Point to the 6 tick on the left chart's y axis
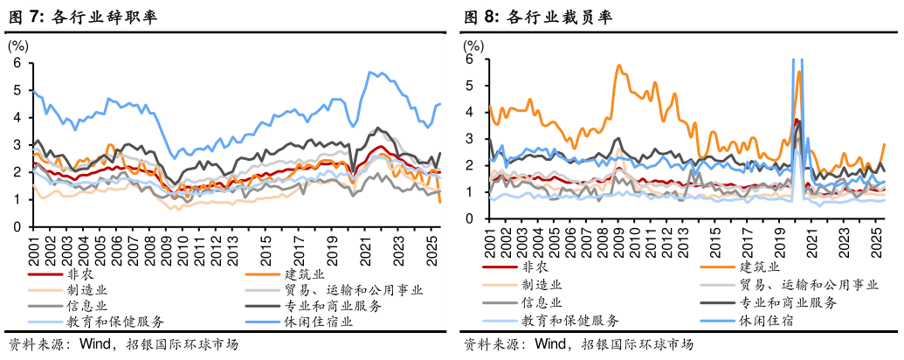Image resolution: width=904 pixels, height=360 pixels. click(17, 63)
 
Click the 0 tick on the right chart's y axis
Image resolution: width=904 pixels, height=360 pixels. click(469, 218)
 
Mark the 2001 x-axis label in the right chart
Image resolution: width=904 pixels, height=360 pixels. click(490, 241)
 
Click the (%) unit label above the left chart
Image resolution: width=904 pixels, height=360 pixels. click(18, 44)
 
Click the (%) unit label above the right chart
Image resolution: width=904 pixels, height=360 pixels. click(473, 45)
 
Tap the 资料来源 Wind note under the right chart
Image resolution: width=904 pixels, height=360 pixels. click(517, 343)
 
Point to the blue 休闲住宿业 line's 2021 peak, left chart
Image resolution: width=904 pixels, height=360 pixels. click(371, 72)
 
